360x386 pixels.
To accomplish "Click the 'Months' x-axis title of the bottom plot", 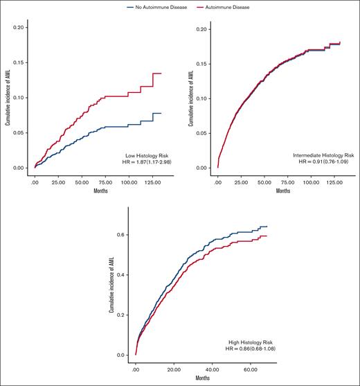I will pyautogui.click(x=201, y=378).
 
